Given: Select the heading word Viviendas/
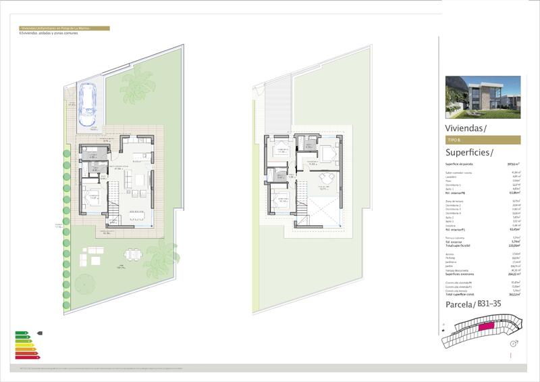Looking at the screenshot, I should click(465, 128).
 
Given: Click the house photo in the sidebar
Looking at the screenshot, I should click(483, 96).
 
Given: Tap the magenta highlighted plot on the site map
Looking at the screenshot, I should click(485, 327).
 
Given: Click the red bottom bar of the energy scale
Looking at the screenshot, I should click(29, 356).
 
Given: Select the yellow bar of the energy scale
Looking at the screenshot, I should click(24, 344).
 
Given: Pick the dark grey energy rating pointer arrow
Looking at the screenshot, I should click(40, 333).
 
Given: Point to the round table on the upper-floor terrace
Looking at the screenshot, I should click(327, 178).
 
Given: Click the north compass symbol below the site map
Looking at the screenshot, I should click(514, 344).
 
